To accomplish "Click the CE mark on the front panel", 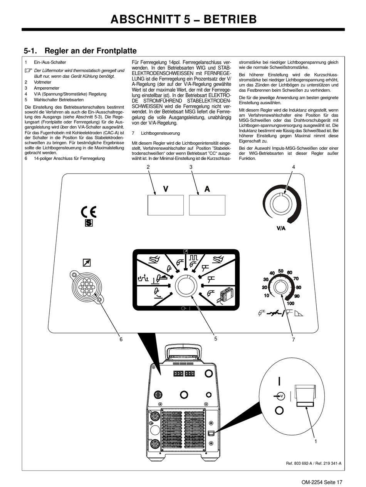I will coord(89,212).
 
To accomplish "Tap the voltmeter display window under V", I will coord(166,205).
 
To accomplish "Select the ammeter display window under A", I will coord(207,205).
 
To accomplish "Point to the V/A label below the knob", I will coord(281,228).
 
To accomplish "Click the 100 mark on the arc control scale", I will coord(291,304).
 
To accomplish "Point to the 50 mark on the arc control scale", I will coord(281,271).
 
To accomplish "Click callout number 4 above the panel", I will coord(293,167).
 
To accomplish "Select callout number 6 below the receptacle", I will coord(121,339).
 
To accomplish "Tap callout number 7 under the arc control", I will coord(293,339).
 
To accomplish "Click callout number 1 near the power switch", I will coord(316,441).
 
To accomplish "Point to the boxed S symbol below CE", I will coord(89,223).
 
